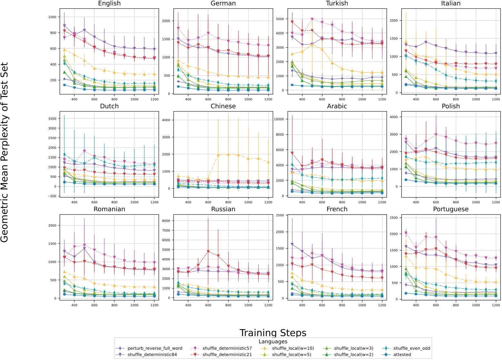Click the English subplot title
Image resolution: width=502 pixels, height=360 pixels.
coord(109,4)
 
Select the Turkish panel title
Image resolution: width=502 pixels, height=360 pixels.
coord(337,4)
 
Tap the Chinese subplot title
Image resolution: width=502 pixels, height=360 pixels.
coord(223,106)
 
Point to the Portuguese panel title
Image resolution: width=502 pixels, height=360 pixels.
coord(451,209)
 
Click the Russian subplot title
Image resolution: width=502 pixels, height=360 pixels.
coord(223,209)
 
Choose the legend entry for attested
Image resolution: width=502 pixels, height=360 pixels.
coord(402,355)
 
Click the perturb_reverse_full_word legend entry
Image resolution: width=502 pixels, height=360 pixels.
coord(155,348)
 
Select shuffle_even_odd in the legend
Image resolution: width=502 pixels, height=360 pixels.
coord(412,348)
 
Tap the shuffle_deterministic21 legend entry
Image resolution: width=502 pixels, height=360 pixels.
coord(227,355)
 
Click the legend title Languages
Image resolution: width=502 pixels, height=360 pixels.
coord(273,342)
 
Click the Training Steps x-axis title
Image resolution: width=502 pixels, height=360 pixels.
coord(273,333)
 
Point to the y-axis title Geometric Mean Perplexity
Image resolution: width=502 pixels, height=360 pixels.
coord(5,152)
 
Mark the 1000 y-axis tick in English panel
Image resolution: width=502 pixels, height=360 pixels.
coord(52,17)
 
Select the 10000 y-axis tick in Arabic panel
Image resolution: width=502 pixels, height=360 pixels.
coord(278,119)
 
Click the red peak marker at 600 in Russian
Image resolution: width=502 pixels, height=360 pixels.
coord(208,251)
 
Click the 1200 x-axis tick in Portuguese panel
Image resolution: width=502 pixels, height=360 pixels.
coord(496,305)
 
